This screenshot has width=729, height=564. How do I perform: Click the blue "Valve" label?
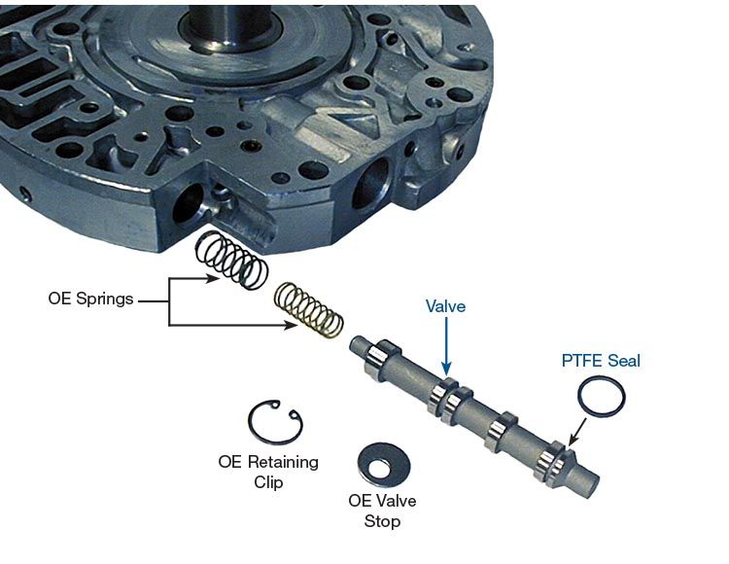coord(445,306)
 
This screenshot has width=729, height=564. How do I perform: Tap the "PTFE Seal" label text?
coord(601,361)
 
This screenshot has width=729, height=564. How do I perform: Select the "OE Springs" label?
coord(90,298)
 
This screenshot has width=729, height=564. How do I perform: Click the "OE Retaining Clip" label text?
coord(268,472)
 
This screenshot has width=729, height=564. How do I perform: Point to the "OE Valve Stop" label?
coord(382,511)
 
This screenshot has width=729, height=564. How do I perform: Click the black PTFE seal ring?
coord(579,398)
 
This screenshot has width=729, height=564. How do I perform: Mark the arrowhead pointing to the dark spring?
coord(213,279)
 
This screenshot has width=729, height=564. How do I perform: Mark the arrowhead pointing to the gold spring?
coord(291,325)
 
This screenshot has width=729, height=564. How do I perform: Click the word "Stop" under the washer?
coord(382,521)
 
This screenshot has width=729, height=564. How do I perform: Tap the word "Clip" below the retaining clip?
coord(268,481)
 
